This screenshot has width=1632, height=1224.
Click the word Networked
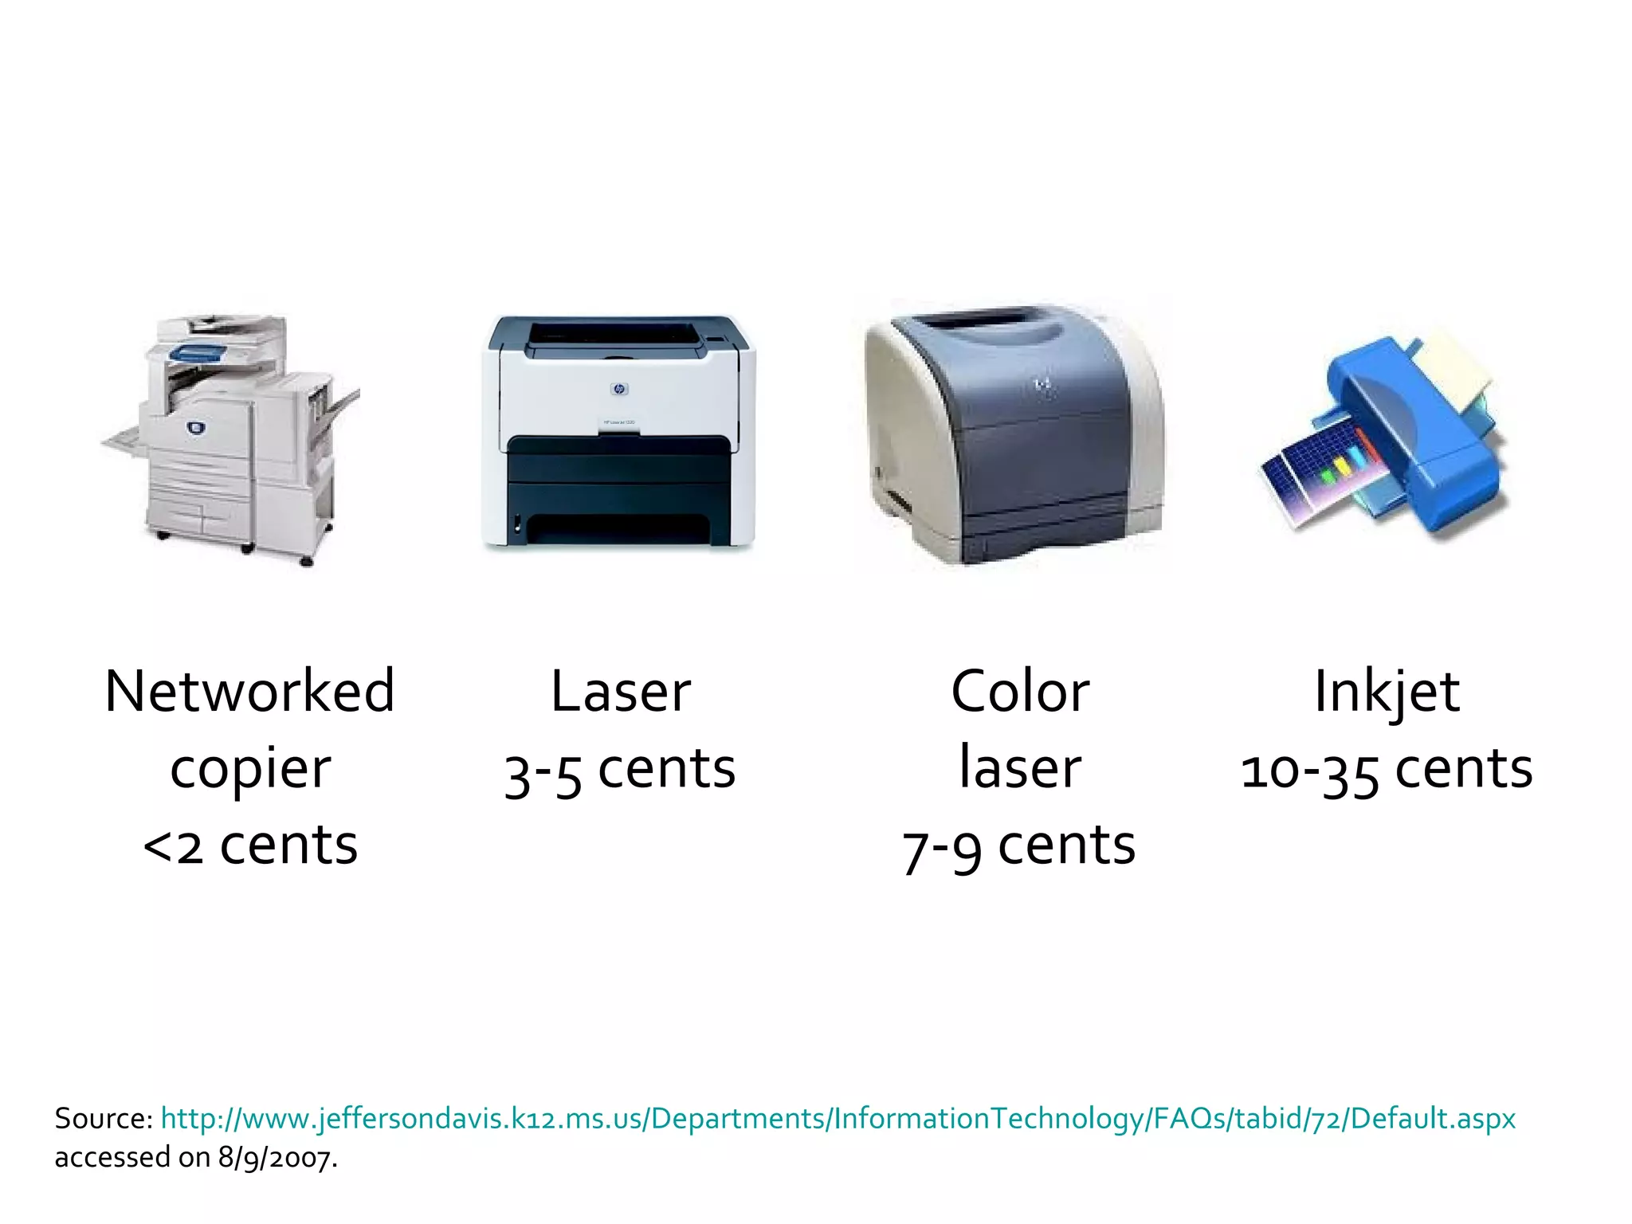(x=249, y=691)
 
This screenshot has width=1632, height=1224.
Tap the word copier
(x=250, y=770)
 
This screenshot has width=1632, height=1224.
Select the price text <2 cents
(x=250, y=845)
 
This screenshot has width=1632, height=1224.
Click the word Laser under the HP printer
(x=621, y=691)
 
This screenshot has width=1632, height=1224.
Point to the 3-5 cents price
(x=620, y=770)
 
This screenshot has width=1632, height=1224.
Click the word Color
(x=1020, y=691)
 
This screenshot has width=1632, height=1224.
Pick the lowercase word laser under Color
(x=1020, y=768)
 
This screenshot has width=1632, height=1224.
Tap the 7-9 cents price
(x=1018, y=845)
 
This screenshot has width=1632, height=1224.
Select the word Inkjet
(x=1387, y=691)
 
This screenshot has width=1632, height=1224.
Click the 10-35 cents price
(x=1387, y=770)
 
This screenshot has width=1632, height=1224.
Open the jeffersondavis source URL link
(x=838, y=1118)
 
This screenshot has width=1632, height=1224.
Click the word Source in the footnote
(x=102, y=1118)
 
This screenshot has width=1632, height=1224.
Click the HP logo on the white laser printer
(x=619, y=389)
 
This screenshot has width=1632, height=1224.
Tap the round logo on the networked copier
(x=195, y=428)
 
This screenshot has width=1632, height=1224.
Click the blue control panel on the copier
(x=199, y=351)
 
